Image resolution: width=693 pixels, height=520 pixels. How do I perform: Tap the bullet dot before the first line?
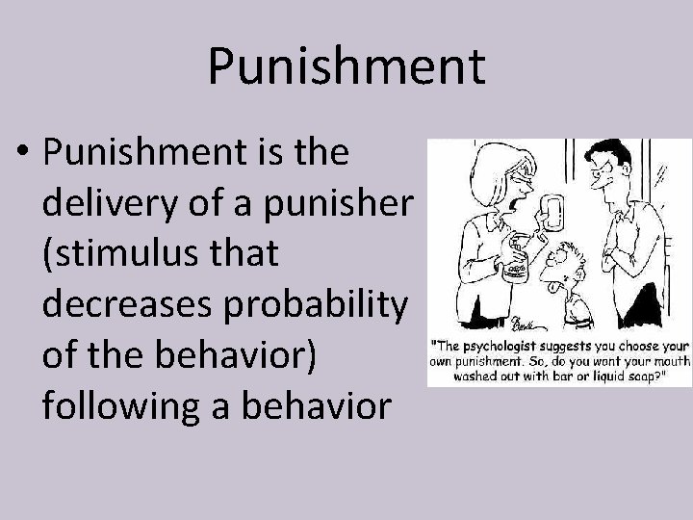tap(27, 154)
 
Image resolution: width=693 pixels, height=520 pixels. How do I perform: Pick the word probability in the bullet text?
tap(325, 305)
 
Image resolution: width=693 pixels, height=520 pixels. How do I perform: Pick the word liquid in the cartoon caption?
tap(597, 378)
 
